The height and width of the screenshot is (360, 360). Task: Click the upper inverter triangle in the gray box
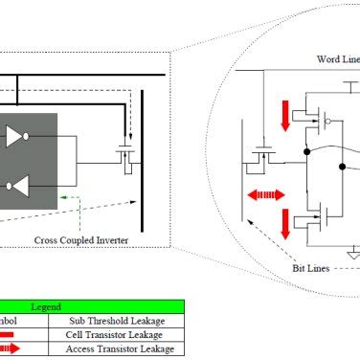[x=16, y=137]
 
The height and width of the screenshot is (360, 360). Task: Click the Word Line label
[x=337, y=58]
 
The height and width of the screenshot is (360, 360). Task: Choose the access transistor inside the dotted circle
[x=261, y=153]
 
